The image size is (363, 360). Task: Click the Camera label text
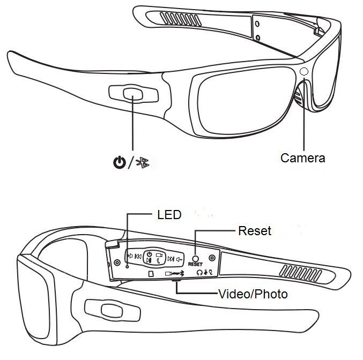[302, 158]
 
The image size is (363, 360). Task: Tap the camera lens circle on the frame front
[304, 71]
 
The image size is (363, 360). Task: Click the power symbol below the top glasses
[120, 162]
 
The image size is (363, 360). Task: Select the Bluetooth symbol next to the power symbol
[143, 163]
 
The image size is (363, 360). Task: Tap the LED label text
[169, 215]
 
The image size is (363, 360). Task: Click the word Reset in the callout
[255, 231]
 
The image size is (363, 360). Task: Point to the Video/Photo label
[253, 294]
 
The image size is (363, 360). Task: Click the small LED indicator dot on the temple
[127, 267]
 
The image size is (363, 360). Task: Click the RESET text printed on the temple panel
[195, 264]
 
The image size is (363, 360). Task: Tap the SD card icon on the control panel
[151, 274]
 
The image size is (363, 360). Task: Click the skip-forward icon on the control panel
[171, 259]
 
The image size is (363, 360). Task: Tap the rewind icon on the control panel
[138, 257]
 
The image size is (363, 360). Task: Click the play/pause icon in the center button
[149, 260]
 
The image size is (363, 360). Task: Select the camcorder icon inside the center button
[159, 255]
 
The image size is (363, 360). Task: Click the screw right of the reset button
[212, 258]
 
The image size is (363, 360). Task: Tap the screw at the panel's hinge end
[117, 262]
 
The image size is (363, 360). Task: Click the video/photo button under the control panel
[176, 280]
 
